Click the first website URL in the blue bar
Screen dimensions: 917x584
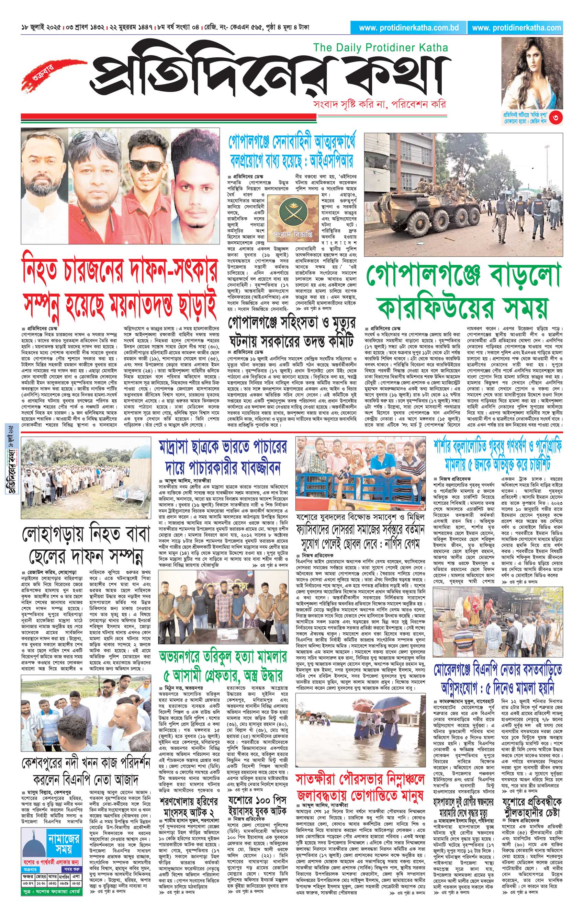(x=408, y=28)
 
